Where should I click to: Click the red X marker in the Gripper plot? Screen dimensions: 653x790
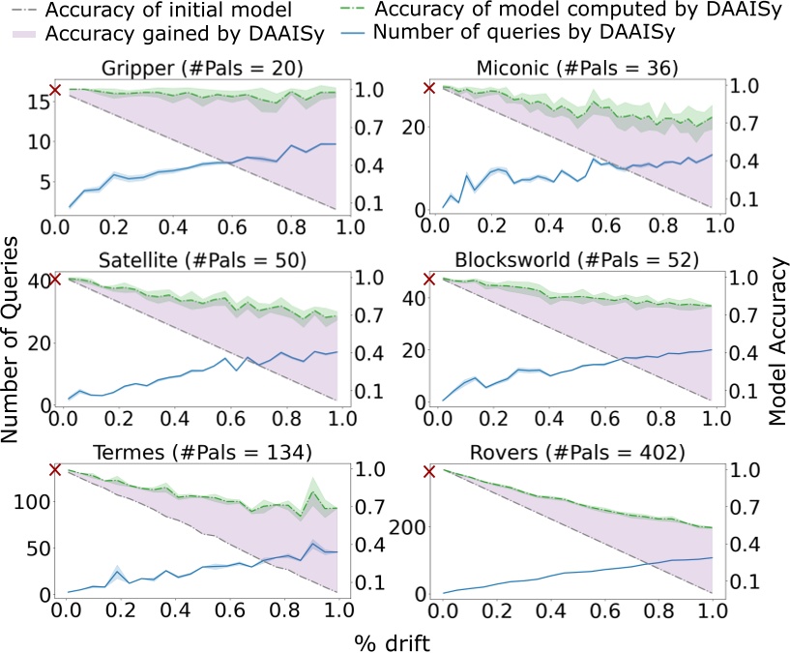[55, 90]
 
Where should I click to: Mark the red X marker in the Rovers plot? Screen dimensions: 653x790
[431, 471]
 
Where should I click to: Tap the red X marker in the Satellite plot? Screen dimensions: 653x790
[55, 281]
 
